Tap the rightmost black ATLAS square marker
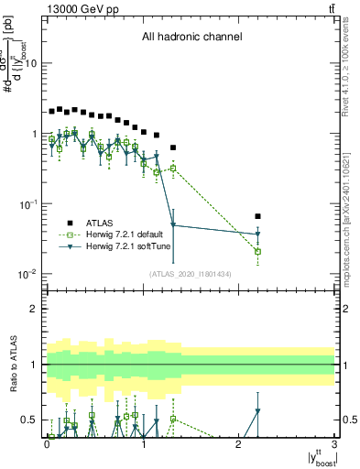click(258, 216)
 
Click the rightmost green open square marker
click(258, 251)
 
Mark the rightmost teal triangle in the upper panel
click(258, 235)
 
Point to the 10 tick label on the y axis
click(33, 63)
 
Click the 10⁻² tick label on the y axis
click(30, 274)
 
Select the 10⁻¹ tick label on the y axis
click(30, 204)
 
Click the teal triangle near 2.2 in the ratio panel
click(258, 411)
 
